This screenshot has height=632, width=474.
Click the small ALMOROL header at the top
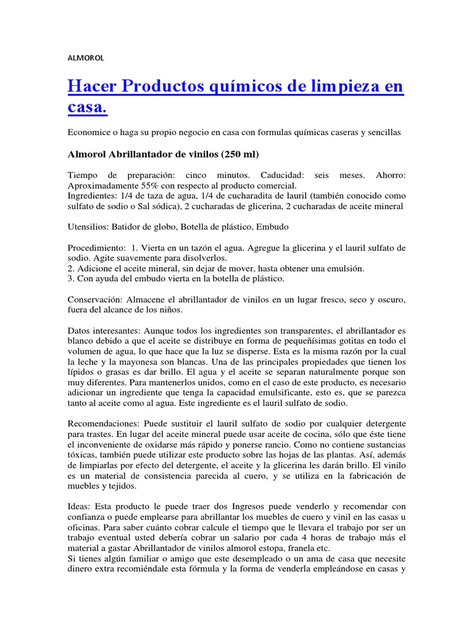coord(86,58)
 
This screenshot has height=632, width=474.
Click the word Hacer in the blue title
coord(92,86)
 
